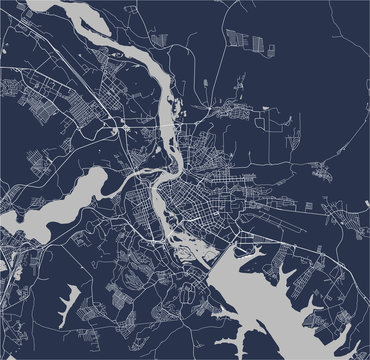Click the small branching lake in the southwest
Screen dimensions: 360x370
click(71, 301)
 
